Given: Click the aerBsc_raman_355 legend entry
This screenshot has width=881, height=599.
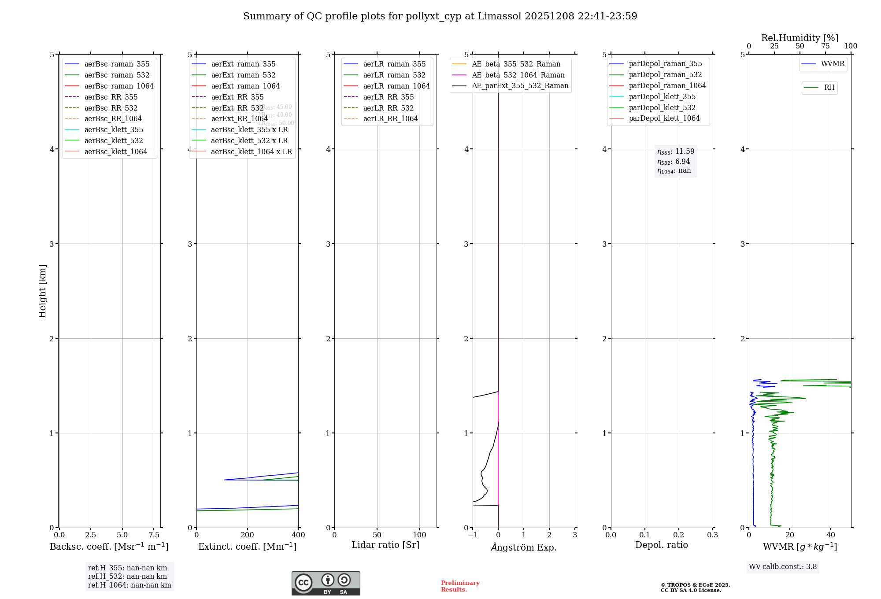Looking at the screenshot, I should point(117,64).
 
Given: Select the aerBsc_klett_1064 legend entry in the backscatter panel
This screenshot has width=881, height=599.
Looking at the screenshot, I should point(115,152).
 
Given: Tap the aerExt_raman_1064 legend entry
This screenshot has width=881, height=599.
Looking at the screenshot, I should point(245,86).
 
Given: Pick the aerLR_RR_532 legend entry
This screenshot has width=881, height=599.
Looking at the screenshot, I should point(388,108).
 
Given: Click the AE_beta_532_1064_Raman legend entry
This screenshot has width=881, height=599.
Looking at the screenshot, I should point(518,75).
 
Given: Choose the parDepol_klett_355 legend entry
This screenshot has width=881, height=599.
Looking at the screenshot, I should point(662,97).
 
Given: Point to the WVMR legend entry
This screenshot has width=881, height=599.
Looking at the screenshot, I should point(832,64).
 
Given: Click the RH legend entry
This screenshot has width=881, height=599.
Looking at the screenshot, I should point(829,88).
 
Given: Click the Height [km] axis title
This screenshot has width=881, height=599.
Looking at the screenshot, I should point(42,291).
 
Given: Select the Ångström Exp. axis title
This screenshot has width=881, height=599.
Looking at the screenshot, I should point(523,547).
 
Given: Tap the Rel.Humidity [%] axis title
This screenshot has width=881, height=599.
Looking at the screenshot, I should point(800,38).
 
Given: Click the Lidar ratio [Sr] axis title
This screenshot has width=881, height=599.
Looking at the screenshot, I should point(385,545).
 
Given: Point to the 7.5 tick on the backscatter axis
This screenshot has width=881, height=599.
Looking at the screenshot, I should point(154,535).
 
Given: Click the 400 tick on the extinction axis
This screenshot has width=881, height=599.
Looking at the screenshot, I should point(298,535).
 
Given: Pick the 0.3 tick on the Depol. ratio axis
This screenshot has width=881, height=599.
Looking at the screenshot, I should point(712,535).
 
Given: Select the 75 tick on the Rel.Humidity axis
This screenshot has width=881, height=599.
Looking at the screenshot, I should point(825,46).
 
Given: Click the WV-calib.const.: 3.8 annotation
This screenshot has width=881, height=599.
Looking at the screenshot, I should point(783,567).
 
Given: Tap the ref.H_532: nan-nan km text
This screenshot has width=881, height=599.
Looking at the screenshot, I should point(127,577).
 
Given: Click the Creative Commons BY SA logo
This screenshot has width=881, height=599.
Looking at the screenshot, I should point(326,584).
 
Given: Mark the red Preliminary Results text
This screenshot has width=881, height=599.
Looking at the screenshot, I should point(460,586).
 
